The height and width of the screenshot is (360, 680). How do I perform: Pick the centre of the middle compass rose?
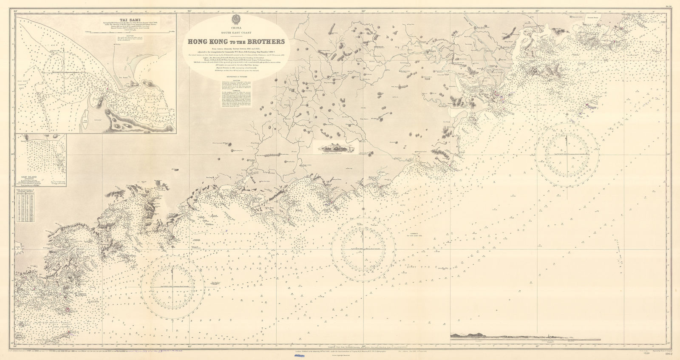pyautogui.click(x=362, y=248)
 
